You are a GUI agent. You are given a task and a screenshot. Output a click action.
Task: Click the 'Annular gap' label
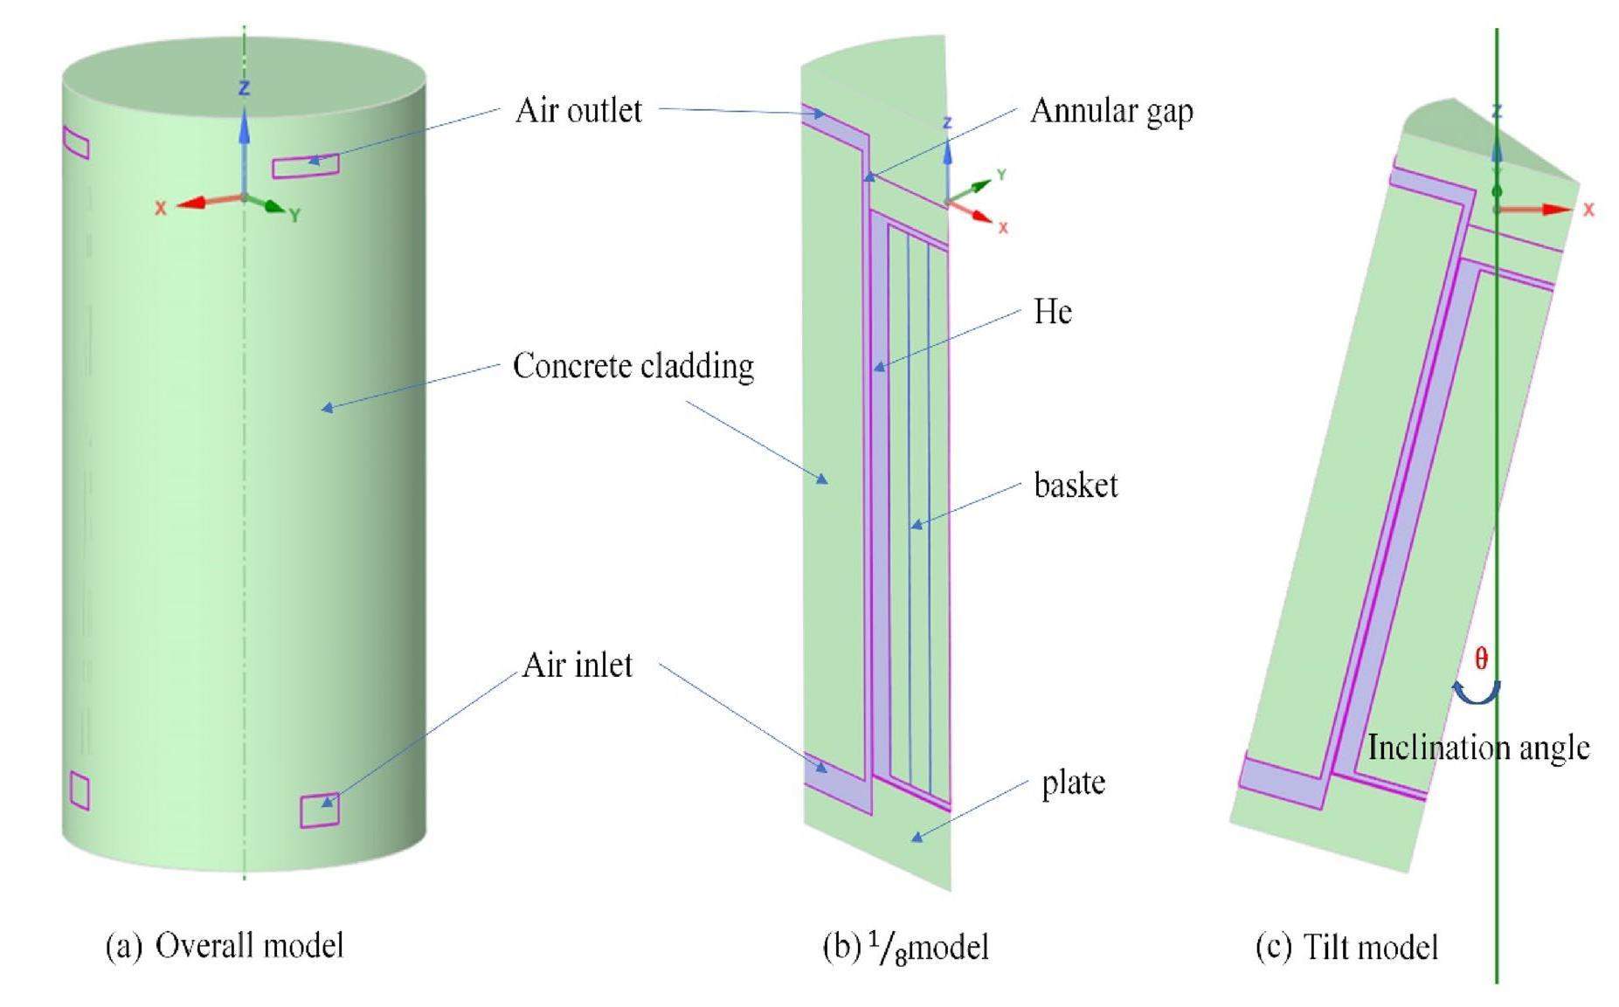(1111, 112)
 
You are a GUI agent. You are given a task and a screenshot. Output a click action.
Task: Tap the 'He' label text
(1052, 312)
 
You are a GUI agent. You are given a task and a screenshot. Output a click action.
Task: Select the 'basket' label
(1076, 486)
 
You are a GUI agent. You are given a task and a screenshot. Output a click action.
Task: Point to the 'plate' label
(1073, 783)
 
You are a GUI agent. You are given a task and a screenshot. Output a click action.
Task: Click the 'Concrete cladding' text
(633, 366)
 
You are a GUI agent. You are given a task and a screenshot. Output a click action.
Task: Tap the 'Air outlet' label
(578, 111)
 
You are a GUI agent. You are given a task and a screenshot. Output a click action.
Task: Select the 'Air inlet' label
(577, 666)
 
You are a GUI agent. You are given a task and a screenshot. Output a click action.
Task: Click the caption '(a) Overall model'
(225, 946)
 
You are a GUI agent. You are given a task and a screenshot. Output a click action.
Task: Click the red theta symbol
(1481, 659)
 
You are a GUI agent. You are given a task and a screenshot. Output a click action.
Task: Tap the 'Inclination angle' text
(1477, 748)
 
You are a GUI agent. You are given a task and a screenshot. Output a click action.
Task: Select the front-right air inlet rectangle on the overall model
(320, 810)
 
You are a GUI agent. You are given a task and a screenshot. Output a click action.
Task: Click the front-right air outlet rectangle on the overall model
(305, 166)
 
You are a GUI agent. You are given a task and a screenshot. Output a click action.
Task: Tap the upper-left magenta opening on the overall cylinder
(76, 143)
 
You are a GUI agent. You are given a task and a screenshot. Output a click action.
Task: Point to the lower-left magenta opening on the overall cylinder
(80, 791)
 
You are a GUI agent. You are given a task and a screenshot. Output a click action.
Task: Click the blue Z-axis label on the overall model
(245, 88)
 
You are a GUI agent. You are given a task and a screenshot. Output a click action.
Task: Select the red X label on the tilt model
(1588, 210)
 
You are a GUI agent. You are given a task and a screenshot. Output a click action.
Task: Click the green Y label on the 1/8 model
(1001, 176)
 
